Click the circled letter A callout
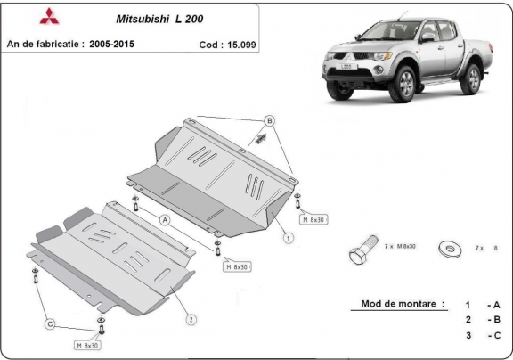(x=165, y=218)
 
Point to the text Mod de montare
(x=401, y=304)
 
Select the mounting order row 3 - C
(x=480, y=336)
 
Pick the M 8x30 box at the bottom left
(x=89, y=343)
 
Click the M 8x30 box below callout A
(x=236, y=266)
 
